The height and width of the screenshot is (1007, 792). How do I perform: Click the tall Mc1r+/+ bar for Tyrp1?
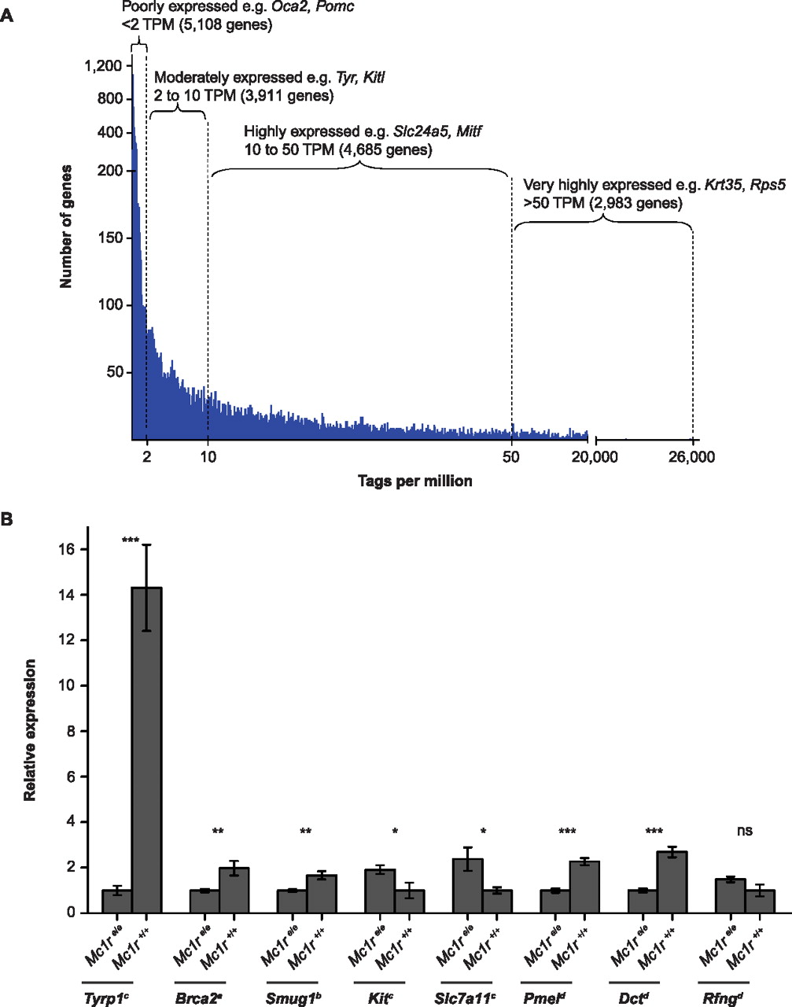point(147,750)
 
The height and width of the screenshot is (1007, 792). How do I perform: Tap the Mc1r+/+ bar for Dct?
point(672,882)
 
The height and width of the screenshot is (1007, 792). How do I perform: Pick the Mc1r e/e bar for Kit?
point(381,891)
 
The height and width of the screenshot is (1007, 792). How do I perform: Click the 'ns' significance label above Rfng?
point(745,831)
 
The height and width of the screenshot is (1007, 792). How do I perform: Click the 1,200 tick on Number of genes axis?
point(103,66)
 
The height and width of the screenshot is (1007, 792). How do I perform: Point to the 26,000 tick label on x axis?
point(691,457)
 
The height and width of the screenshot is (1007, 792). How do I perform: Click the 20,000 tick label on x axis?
point(595,457)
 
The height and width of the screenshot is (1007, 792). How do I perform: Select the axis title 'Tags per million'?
point(415,481)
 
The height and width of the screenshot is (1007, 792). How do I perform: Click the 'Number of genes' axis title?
point(66,226)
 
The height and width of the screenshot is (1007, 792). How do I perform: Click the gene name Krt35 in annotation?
point(724,186)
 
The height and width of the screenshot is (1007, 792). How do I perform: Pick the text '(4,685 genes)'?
point(384,149)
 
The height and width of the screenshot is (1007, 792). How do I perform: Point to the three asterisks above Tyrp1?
point(131,540)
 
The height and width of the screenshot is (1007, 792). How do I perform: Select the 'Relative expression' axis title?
point(30,729)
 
